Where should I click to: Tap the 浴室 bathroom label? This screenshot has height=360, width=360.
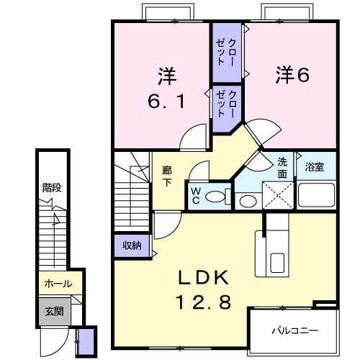[x=315, y=168]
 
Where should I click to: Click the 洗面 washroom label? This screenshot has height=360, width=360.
[x=282, y=168]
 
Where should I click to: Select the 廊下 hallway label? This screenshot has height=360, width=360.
[x=167, y=177]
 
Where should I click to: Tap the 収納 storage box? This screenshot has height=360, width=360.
[x=131, y=246]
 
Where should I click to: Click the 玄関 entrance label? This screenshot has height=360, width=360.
[x=54, y=311]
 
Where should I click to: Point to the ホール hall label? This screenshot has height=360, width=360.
[x=58, y=284]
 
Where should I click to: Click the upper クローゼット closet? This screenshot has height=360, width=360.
[x=227, y=53]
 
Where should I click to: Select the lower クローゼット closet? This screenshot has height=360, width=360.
[x=226, y=104]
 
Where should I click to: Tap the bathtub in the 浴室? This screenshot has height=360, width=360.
[x=317, y=194]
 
